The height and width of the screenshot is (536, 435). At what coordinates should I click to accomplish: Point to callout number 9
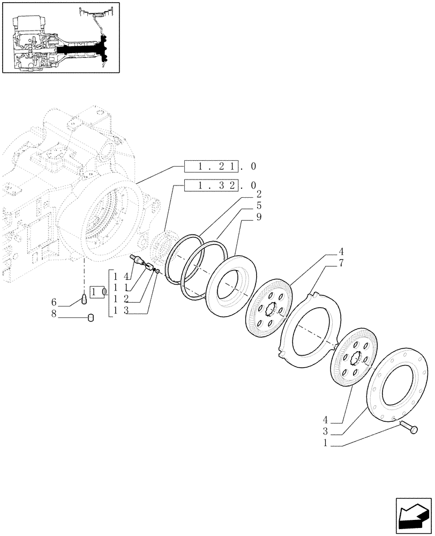point(258,217)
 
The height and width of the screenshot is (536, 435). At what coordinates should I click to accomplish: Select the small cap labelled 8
point(91,318)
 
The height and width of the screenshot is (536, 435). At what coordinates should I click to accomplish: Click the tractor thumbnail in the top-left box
point(61,37)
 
